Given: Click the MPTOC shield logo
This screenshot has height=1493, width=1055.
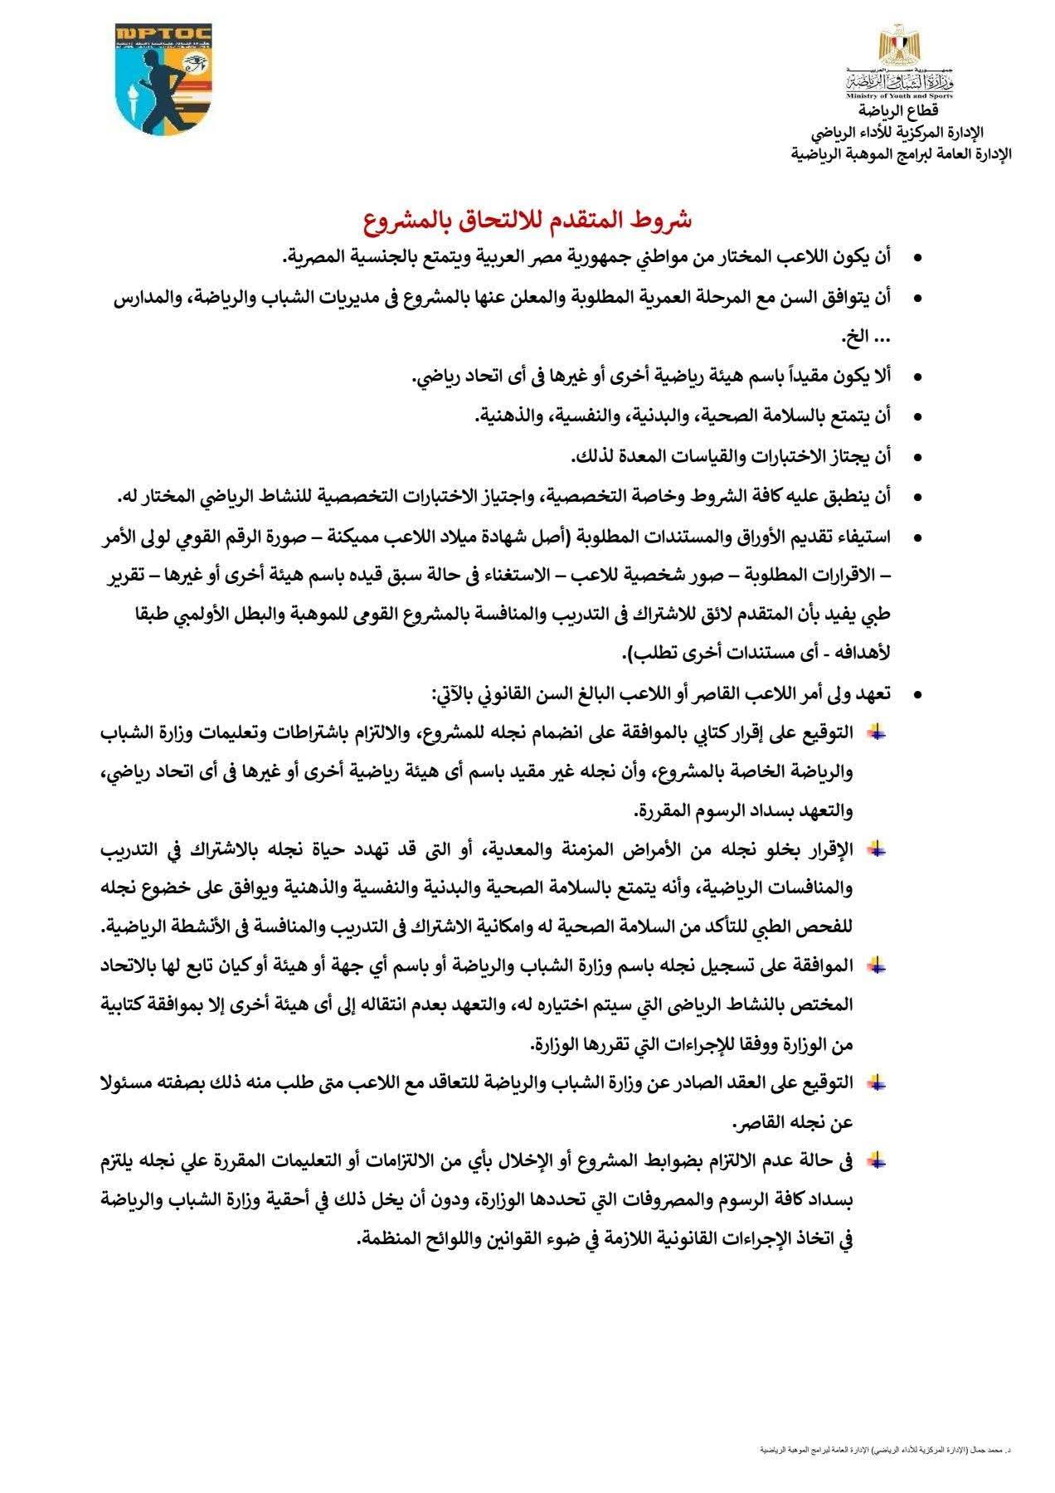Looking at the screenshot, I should (163, 79).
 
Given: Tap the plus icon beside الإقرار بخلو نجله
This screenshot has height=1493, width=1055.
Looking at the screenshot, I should (876, 849).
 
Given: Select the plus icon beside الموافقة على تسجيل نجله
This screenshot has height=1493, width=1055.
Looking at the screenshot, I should (876, 965).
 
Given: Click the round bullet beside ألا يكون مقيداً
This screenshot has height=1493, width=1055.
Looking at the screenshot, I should (917, 377).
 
